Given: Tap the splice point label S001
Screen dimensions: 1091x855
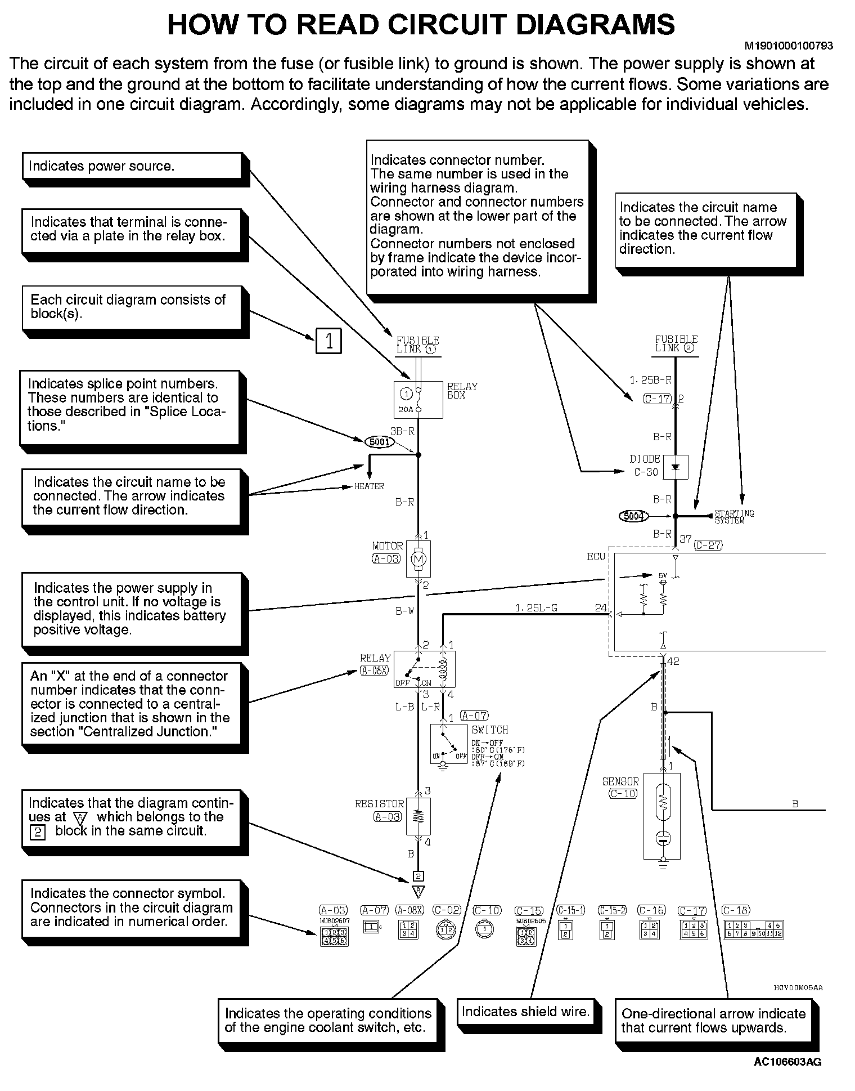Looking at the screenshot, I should (x=380, y=442).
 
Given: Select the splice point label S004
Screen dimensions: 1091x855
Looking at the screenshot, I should (x=634, y=516).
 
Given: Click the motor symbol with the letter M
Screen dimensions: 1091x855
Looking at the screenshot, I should (x=418, y=559).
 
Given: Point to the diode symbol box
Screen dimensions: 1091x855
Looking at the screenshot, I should (x=676, y=467).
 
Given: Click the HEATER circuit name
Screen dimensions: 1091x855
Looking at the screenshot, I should (x=369, y=486).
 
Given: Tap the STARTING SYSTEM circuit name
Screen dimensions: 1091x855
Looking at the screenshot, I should (x=734, y=517).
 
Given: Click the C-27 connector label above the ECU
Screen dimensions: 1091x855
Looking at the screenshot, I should (x=708, y=545).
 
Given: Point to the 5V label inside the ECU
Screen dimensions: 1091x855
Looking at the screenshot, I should (x=663, y=576).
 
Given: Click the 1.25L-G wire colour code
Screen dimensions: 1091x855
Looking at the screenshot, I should (x=536, y=608).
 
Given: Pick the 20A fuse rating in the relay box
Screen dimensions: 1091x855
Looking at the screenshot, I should (x=406, y=409).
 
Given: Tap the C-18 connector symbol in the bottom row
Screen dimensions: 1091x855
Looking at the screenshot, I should (x=753, y=929).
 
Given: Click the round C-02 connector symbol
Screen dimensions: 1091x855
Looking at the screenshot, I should (x=445, y=931).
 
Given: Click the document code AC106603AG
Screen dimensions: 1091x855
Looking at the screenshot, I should (x=787, y=1062).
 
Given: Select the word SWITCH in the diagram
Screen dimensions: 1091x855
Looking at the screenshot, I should (x=489, y=730).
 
